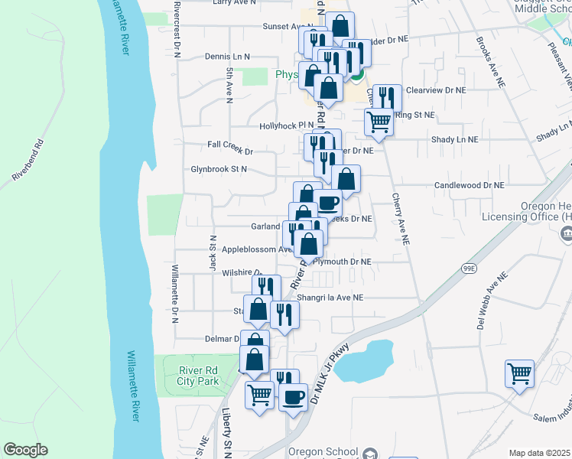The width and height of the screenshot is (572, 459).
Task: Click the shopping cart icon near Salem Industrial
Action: tap(519, 375)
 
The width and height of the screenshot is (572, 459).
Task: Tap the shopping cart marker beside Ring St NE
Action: tap(379, 122)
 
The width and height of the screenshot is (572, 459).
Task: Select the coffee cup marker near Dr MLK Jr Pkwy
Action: tap(293, 397)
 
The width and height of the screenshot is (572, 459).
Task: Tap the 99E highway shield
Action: tap(469, 268)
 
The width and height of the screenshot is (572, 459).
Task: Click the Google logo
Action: tap(25, 450)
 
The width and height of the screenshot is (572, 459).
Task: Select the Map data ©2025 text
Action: tap(540, 453)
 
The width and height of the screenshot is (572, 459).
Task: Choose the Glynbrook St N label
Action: tap(219, 169)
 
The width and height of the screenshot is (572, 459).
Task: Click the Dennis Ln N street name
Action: tap(228, 57)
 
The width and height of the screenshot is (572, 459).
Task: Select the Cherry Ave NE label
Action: tap(401, 218)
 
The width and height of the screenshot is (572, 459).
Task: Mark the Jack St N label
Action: tap(213, 252)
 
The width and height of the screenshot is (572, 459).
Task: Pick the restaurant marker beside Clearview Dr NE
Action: tap(387, 97)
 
